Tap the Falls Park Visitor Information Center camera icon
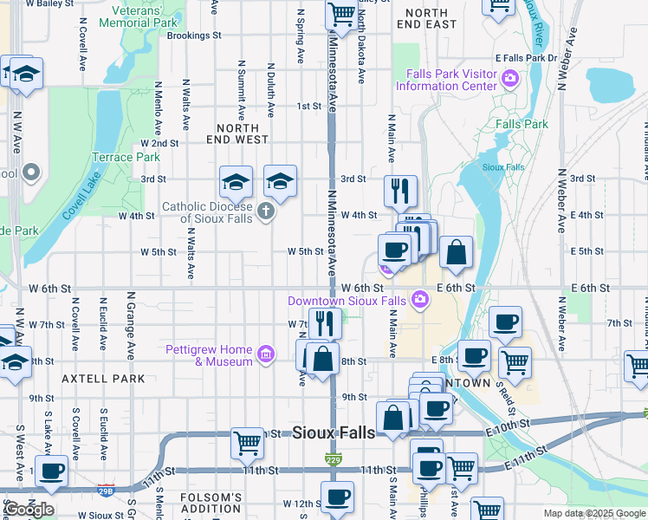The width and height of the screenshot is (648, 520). click(x=509, y=80)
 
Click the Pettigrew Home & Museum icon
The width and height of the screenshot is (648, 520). click(x=266, y=354)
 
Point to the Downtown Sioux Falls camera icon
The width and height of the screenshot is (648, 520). click(x=420, y=300)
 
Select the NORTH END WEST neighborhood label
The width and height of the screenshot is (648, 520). click(x=237, y=133)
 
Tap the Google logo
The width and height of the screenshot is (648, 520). click(x=29, y=510)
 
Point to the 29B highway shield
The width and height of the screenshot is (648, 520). click(x=106, y=491)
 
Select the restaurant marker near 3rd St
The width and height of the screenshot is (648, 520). click(x=399, y=192)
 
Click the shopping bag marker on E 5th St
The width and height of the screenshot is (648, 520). click(x=457, y=253)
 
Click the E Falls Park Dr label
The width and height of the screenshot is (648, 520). click(x=526, y=57)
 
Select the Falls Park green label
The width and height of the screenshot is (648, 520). click(x=522, y=124)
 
